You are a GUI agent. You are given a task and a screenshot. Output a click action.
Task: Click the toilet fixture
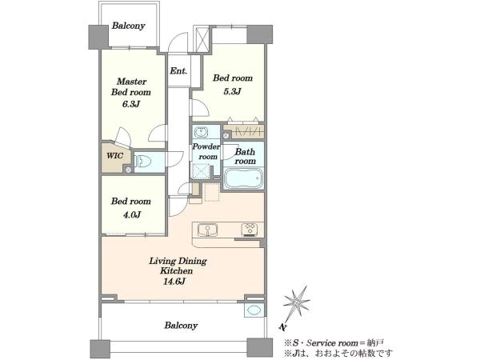[143, 161]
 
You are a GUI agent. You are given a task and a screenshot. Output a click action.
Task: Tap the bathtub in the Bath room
[243, 178]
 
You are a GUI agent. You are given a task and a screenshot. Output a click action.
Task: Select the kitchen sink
[207, 230]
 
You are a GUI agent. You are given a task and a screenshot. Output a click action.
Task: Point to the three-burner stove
[249, 230]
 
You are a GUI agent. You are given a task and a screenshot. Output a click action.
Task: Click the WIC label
[114, 155]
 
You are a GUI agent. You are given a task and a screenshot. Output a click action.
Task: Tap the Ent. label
[178, 71]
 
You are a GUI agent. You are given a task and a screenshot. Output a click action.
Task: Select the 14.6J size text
[174, 282]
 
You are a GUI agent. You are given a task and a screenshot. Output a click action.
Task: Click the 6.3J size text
[131, 104]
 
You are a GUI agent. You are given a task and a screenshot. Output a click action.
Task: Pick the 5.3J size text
[232, 91]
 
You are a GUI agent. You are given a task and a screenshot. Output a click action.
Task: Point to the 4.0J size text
[132, 214]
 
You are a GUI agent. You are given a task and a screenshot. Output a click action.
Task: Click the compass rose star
[296, 303]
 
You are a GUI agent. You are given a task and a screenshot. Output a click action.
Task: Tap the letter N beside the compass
[283, 327]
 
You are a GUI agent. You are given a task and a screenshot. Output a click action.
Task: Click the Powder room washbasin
[201, 132]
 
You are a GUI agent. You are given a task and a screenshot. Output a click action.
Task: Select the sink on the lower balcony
[254, 310]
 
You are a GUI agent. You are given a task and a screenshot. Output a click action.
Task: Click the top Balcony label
[128, 26]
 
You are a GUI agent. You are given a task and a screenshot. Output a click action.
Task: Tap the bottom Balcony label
[181, 326]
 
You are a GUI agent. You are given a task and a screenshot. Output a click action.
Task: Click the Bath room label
[246, 157]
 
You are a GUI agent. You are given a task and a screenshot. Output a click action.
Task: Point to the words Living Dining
[178, 261]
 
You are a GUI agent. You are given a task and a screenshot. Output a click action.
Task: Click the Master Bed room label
[131, 87]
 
